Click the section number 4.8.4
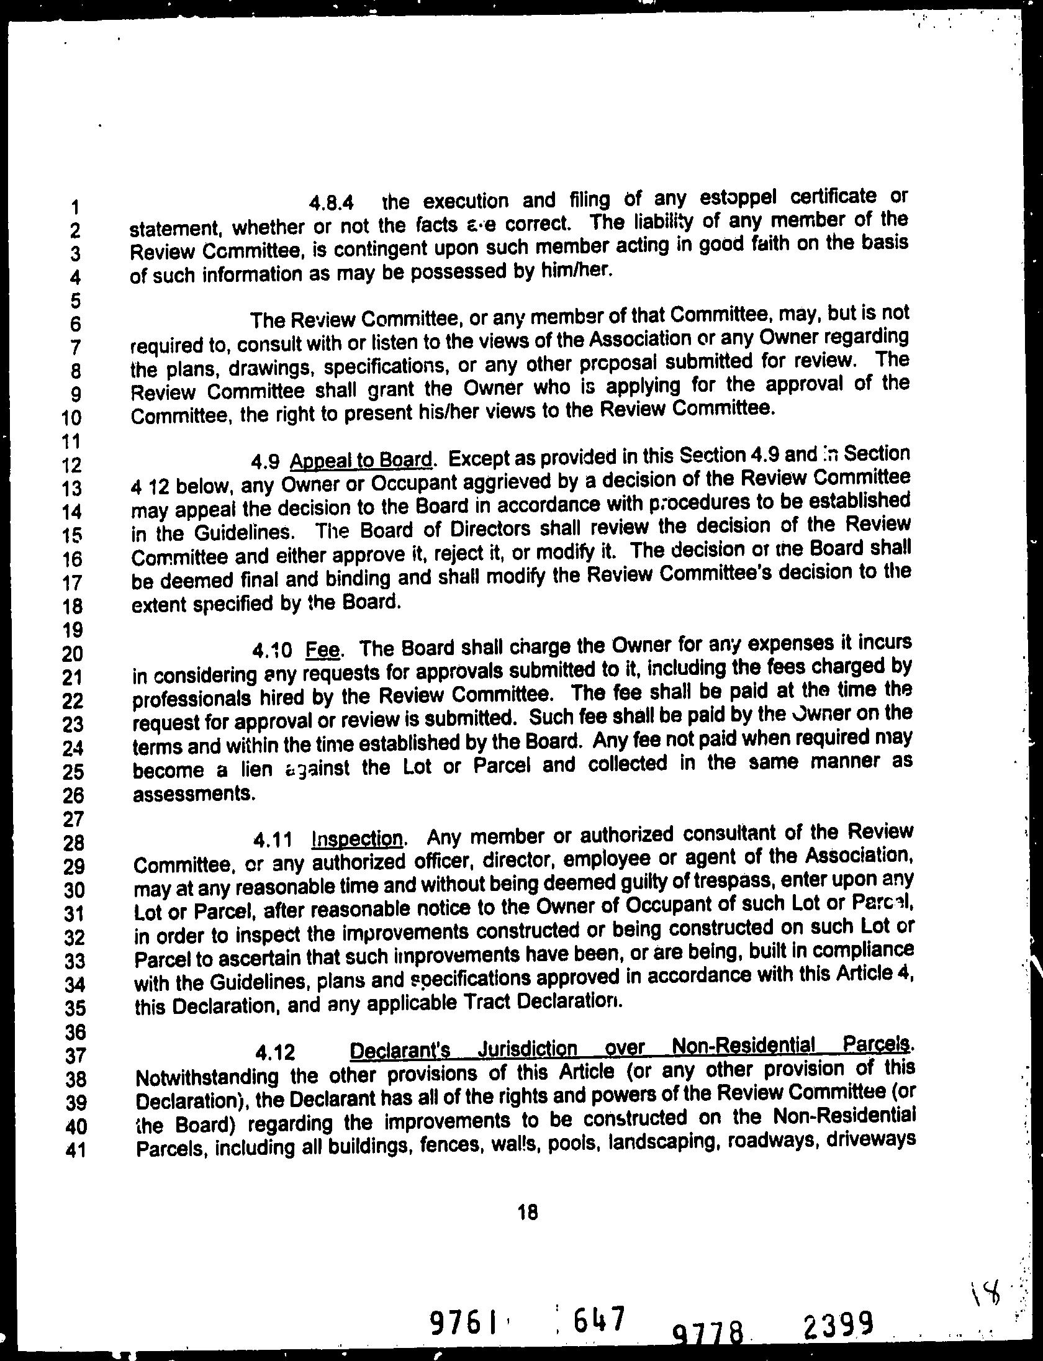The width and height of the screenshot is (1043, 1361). [332, 202]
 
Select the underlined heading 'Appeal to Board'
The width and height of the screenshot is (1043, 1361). [361, 461]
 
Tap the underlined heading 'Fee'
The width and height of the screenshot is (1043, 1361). [323, 649]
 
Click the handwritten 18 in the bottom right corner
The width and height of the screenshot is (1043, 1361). [982, 1290]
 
